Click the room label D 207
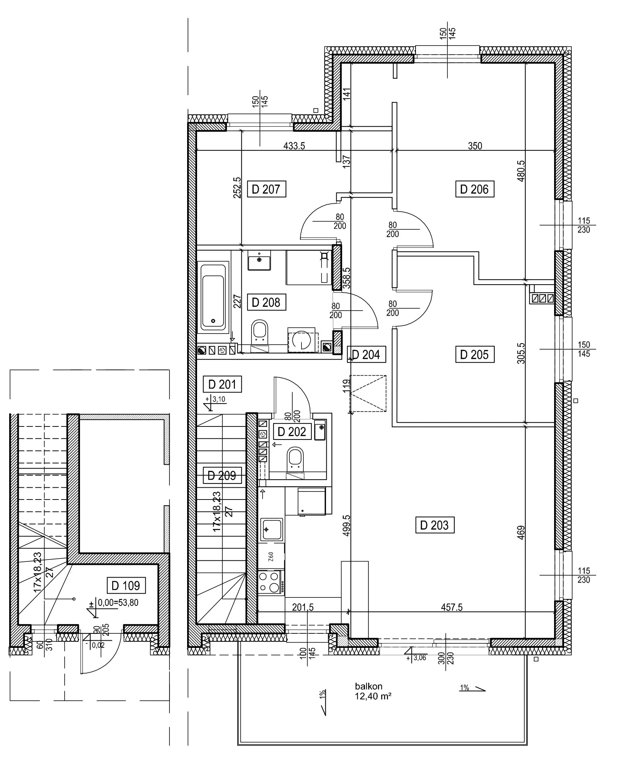pos(266,189)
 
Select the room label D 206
pos(474,189)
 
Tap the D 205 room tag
pos(475,355)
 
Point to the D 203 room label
pos(434,525)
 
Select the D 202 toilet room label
pos(292,432)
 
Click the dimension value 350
pos(475,146)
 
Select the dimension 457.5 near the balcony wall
pos(452,607)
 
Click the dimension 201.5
pos(303,607)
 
